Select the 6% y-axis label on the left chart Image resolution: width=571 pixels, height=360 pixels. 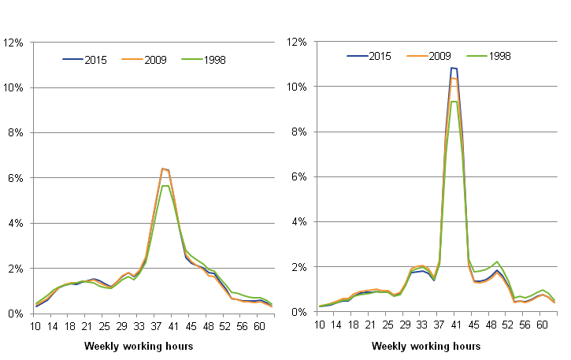click(17, 178)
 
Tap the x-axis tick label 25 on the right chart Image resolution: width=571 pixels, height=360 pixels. click(387, 325)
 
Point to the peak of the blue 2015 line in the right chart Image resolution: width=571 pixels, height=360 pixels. click(453, 68)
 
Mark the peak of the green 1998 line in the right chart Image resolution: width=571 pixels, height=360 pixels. click(454, 101)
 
